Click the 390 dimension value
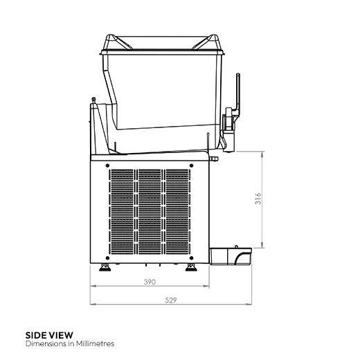(x=148, y=282)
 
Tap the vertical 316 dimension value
(x=258, y=200)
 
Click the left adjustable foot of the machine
(x=106, y=267)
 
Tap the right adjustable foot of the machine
(x=190, y=267)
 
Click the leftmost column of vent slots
(x=123, y=211)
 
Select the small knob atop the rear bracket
(x=92, y=100)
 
